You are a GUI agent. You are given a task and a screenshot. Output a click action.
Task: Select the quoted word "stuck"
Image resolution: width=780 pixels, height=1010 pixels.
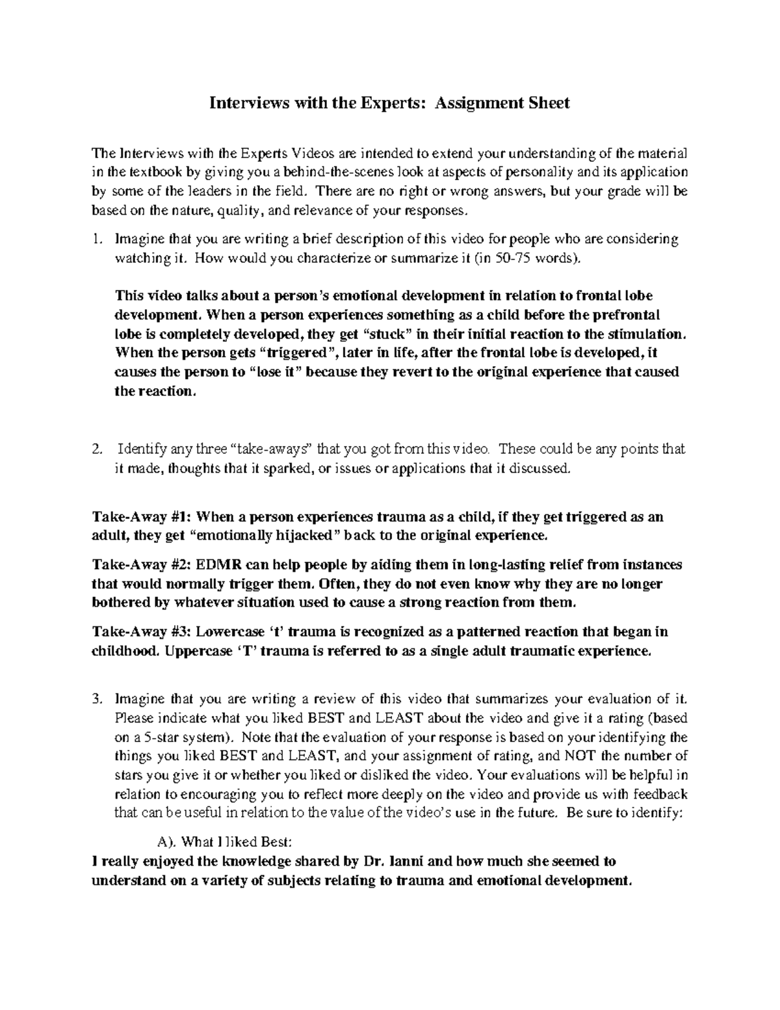386,334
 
